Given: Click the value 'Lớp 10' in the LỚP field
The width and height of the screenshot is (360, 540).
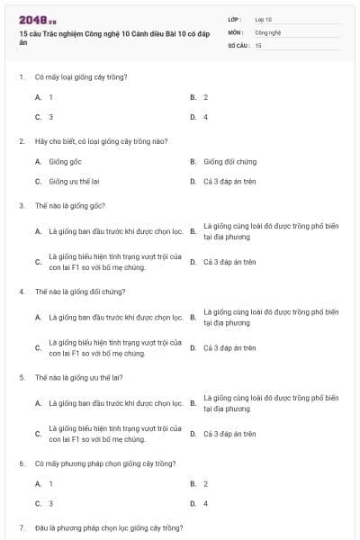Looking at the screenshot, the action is tap(264, 19).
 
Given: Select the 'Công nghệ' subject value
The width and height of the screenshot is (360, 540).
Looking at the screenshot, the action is tap(268, 31).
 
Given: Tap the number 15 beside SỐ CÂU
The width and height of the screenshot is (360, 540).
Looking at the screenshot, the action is tap(258, 44).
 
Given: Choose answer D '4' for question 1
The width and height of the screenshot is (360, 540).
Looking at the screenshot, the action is tap(205, 117).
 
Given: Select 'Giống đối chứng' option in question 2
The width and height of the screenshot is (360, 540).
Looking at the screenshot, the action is tap(229, 161).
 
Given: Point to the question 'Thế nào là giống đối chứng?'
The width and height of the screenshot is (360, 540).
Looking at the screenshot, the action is tap(80, 292).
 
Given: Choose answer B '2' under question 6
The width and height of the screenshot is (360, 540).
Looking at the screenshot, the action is tap(205, 483).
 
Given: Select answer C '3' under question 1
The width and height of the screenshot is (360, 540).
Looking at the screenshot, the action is tap(50, 117).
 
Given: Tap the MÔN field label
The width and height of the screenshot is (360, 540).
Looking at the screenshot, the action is tap(236, 31).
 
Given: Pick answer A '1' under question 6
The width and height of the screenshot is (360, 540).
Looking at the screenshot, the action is tap(50, 483).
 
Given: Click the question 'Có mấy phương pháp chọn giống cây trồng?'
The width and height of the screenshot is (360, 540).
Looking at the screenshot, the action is tap(99, 463).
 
